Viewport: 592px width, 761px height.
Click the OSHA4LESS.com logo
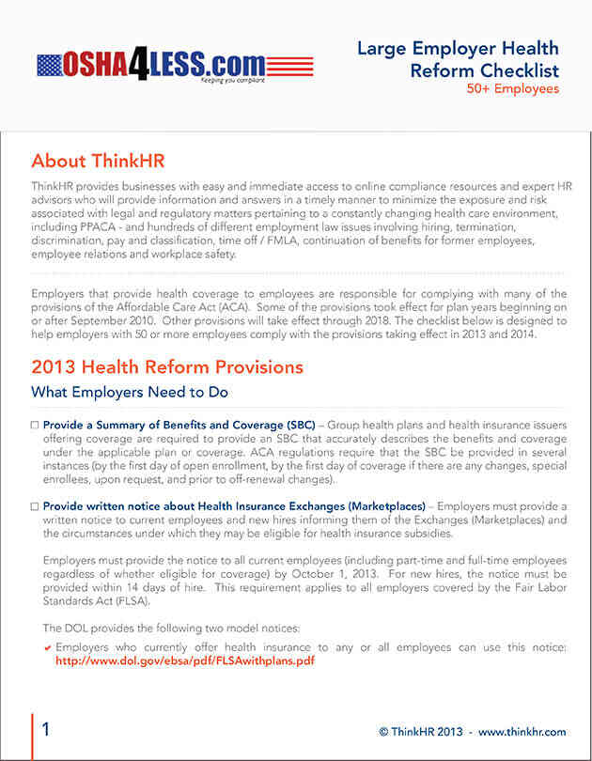pyautogui.click(x=175, y=65)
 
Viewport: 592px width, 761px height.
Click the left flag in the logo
pyautogui.click(x=50, y=65)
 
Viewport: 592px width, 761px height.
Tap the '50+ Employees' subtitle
pyautogui.click(x=512, y=89)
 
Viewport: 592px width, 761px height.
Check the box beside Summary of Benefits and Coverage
pyautogui.click(x=35, y=426)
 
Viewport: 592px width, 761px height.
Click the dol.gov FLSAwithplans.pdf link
pyautogui.click(x=184, y=660)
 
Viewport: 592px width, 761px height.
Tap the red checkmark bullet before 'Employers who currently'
pyautogui.click(x=48, y=648)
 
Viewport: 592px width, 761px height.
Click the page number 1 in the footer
pyautogui.click(x=46, y=730)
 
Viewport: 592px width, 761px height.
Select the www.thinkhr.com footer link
pyautogui.click(x=522, y=732)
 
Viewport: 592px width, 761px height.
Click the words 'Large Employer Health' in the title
pyautogui.click(x=458, y=49)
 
